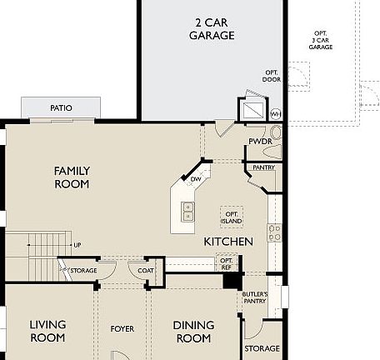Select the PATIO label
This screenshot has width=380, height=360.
coord(61,108)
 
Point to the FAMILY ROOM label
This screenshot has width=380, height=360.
coord(72,177)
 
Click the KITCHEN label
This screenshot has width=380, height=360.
coord(228,241)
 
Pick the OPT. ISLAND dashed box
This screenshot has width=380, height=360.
coord(232,217)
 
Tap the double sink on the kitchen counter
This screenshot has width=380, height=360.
coord(188,212)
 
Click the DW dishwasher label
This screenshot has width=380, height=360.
coord(195,179)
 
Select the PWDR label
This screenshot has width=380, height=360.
coord(260,142)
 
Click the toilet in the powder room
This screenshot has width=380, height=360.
coord(277,133)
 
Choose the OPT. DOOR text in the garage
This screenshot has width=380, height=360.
coord(272,77)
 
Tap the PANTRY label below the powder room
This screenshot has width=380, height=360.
coord(263,167)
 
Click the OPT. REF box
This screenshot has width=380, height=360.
coord(226,262)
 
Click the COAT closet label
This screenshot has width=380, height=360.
coord(146,270)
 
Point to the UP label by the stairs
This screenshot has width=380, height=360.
coord(77,245)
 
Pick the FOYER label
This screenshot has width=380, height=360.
coord(122,329)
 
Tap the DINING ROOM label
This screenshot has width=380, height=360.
coord(193,332)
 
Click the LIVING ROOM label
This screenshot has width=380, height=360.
coord(47,331)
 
